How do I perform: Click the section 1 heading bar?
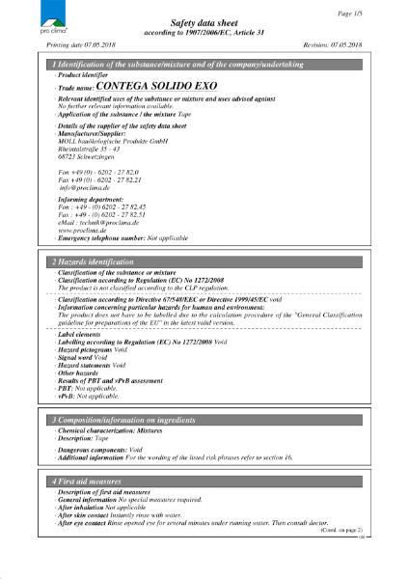pos(204,64)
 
